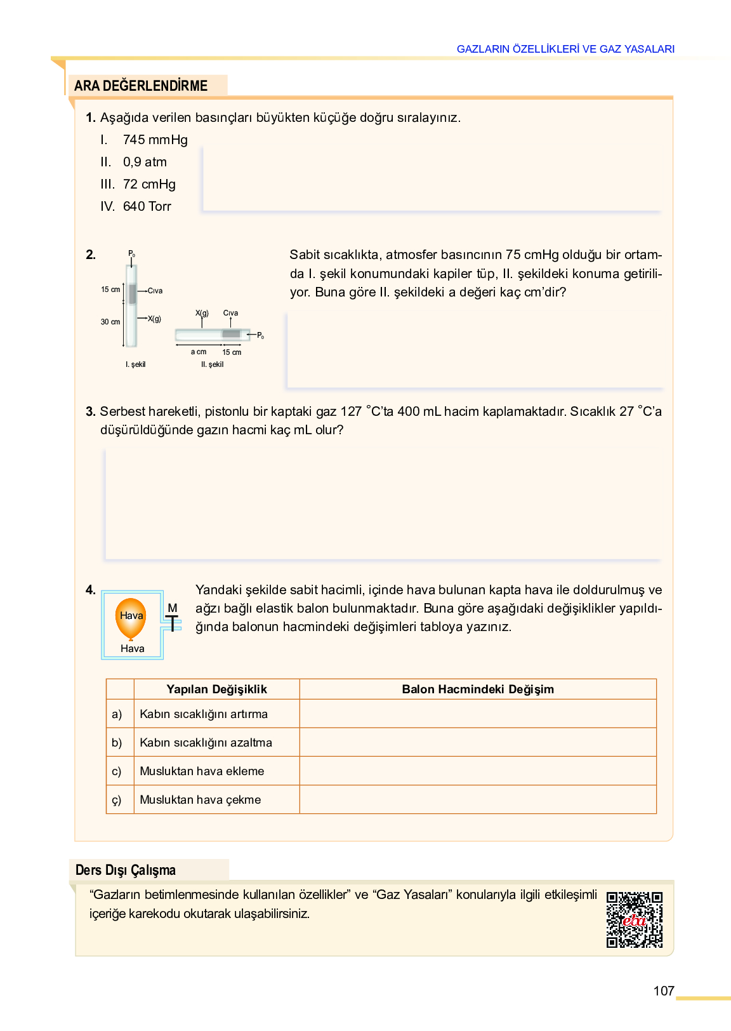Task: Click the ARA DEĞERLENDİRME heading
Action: pos(141,86)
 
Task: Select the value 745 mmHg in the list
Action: pos(155,140)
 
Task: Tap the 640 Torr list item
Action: pos(147,206)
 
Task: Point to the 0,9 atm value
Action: pos(145,162)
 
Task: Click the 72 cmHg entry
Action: pos(149,184)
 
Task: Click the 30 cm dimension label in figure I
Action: pos(110,322)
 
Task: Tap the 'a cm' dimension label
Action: pos(199,352)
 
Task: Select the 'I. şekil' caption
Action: pos(135,364)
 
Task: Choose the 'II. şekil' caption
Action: pos(212,364)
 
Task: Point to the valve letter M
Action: pos(173,608)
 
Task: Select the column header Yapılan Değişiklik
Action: pos(216,689)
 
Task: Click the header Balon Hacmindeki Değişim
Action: pos(478,689)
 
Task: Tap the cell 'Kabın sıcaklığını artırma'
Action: pos(204,714)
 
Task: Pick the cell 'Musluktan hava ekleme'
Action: pos(202,771)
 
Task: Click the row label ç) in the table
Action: pos(117,800)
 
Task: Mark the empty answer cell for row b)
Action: pos(478,743)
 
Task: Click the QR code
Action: pos(634,920)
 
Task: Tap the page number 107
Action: pos(664,991)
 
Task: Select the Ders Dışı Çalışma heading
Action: pos(126,870)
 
